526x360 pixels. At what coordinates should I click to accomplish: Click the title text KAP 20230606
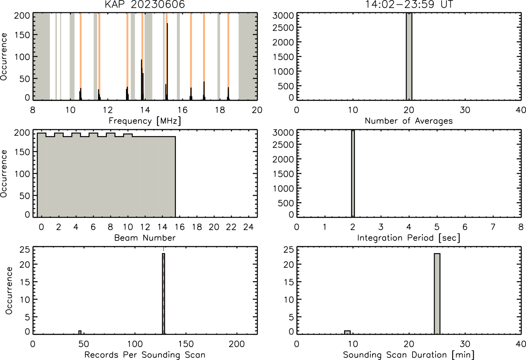coord(145,4)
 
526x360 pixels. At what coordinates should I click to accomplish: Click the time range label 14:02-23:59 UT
coord(409,4)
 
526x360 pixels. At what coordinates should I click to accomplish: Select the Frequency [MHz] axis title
coord(145,121)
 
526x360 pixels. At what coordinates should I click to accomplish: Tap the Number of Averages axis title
coord(409,121)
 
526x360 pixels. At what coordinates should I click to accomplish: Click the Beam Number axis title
coord(145,238)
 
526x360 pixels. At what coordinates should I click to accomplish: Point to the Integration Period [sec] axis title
coord(409,238)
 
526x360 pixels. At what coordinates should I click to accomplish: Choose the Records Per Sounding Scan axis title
coord(145,355)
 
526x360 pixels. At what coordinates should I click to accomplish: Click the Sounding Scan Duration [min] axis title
coord(409,355)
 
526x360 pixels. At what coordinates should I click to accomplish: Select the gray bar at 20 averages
coord(409,56)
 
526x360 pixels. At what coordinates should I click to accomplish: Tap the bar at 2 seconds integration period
coord(353,174)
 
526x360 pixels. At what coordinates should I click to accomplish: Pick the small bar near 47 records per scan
coord(80,332)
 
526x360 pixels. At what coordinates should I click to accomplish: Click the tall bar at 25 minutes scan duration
coord(437,294)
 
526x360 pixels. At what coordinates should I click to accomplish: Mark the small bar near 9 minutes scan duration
coord(347,332)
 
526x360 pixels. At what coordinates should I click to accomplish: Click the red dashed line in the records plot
coord(164,291)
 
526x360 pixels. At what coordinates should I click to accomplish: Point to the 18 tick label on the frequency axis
coord(220,110)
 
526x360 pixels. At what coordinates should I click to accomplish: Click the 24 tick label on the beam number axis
coord(249,227)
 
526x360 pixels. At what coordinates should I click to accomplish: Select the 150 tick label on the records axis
coord(186,344)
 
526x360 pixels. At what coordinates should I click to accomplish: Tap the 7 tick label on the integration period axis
coord(493,227)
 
